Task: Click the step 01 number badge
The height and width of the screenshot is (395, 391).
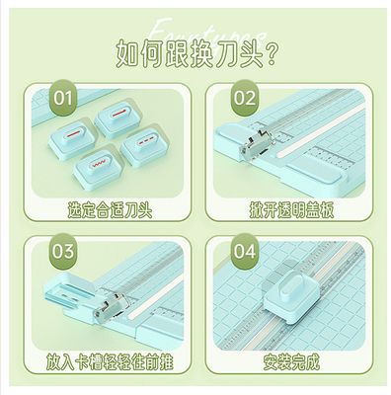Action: (63, 99)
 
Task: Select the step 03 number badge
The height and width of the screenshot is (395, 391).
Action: (63, 250)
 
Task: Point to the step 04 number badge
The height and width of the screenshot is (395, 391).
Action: (244, 250)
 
